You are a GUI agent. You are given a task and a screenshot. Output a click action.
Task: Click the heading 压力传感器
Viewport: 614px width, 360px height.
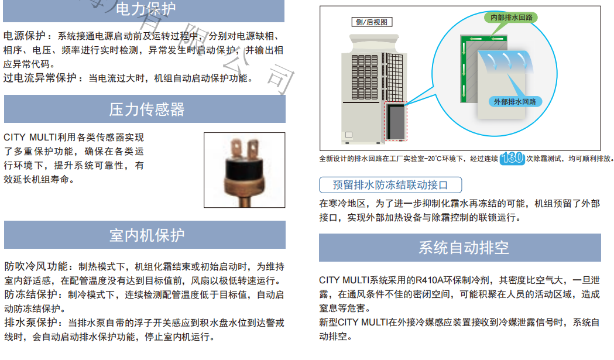[147, 109]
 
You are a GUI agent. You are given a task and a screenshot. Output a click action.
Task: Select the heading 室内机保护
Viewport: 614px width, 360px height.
[147, 235]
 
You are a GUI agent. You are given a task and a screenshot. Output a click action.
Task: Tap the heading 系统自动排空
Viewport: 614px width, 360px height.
[464, 248]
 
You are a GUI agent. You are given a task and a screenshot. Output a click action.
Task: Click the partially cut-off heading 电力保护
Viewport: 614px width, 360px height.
[146, 9]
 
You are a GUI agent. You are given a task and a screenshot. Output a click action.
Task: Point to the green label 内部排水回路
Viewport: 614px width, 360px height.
[512, 17]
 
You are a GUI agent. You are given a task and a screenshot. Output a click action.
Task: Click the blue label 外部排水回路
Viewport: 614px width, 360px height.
[515, 102]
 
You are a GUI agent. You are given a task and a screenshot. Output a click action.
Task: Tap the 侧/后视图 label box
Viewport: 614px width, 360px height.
[372, 22]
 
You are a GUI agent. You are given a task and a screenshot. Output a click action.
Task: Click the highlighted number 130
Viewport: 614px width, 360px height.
[512, 158]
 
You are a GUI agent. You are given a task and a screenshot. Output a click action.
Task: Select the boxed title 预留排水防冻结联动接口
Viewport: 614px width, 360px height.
[390, 185]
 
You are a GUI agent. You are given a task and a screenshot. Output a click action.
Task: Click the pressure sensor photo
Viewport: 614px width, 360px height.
[244, 170]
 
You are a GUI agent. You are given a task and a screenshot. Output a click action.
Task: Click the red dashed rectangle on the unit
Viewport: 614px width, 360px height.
[396, 121]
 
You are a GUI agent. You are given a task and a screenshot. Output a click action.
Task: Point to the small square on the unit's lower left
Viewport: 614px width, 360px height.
[348, 135]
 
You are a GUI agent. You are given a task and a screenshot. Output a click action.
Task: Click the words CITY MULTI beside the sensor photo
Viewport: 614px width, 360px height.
[30, 138]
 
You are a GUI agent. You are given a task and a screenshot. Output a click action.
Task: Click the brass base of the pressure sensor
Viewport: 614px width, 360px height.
[244, 187]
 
